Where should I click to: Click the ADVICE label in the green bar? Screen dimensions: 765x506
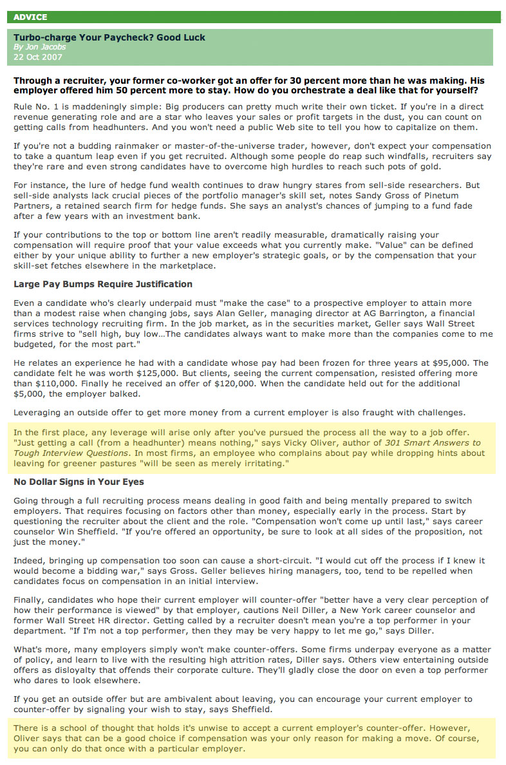30,17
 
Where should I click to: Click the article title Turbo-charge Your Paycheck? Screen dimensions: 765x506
109,38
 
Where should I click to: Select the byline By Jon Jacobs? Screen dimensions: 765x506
40,47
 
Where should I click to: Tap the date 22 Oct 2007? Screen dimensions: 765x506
38,57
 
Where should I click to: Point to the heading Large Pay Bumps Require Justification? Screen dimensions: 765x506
103,284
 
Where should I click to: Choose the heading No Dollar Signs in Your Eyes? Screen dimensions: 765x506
79,482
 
